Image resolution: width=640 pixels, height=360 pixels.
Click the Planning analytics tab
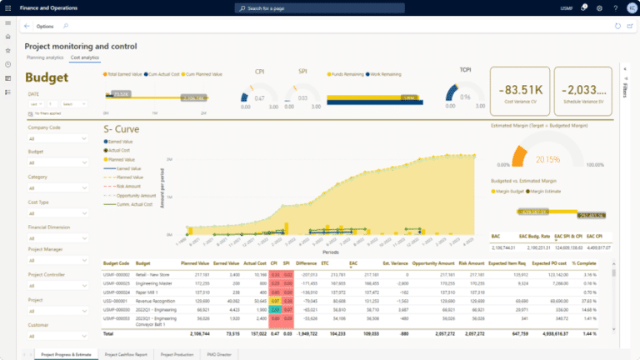(45, 58)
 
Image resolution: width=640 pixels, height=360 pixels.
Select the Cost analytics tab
(84, 58)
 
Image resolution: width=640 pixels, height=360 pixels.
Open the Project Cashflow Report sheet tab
(127, 354)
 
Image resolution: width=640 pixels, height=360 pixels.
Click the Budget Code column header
(117, 263)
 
